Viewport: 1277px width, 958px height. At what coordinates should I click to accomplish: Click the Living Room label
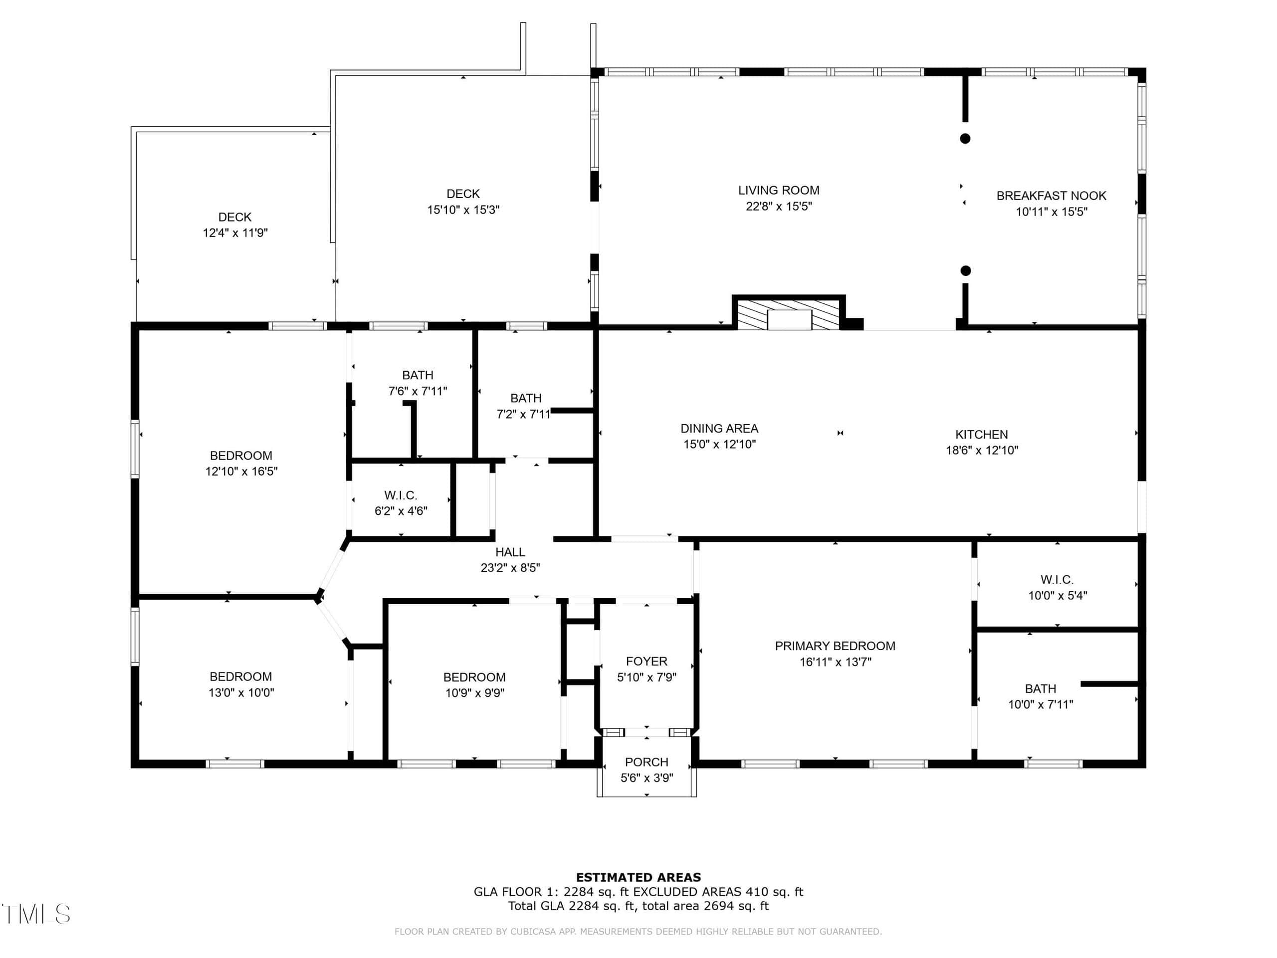tap(779, 191)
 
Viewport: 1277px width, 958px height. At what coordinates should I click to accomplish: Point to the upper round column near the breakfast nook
tap(965, 139)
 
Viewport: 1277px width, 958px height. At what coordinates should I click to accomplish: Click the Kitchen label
tap(981, 435)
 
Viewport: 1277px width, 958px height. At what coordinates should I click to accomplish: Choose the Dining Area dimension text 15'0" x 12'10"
tap(719, 445)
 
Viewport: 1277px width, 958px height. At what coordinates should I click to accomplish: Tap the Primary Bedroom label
tap(835, 646)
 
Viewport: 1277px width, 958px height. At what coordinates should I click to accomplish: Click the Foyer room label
tap(646, 662)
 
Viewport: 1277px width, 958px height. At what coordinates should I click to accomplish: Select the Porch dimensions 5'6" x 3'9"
tap(646, 778)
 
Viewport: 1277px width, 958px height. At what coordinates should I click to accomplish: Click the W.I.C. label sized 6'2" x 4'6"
tap(401, 495)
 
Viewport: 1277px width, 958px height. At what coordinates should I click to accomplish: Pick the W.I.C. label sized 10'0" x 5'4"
tap(1057, 580)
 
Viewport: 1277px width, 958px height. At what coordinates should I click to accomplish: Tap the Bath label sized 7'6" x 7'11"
tap(418, 376)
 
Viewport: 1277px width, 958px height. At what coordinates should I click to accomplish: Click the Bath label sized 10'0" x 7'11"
tap(1040, 689)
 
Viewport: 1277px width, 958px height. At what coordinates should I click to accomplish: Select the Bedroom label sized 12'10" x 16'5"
tap(241, 456)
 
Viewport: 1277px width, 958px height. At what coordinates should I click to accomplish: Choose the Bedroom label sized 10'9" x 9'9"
tap(474, 678)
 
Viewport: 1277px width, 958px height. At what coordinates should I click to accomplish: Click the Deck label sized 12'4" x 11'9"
tap(235, 218)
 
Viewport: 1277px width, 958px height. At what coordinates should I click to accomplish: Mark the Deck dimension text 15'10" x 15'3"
tap(463, 210)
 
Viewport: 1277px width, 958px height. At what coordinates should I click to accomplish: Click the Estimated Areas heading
tap(638, 878)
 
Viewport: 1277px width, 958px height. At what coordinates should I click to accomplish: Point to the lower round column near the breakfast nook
tap(965, 271)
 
